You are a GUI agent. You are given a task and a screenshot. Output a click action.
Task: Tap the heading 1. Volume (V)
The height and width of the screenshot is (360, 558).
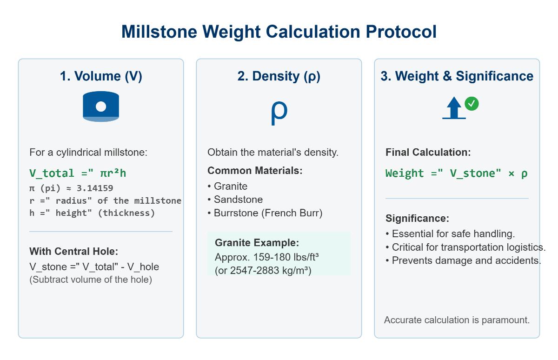[x=101, y=76]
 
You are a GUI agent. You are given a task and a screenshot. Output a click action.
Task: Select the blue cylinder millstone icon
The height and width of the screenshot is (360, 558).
[x=101, y=107]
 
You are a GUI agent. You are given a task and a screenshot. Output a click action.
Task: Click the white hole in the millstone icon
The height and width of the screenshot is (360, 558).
[x=101, y=107]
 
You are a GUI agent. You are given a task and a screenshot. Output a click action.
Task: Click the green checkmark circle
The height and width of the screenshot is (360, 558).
[x=472, y=103]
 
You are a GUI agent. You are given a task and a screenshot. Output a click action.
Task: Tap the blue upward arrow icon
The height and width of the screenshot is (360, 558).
[x=454, y=108]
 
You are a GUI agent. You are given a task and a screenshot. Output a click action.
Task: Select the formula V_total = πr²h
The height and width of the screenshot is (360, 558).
[x=78, y=173]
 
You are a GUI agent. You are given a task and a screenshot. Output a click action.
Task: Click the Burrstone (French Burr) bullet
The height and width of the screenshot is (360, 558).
[x=268, y=213]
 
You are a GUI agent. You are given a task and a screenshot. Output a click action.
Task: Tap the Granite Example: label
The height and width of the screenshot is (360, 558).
[x=257, y=243]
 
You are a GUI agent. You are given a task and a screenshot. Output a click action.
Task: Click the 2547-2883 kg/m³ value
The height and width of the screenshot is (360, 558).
[x=270, y=270]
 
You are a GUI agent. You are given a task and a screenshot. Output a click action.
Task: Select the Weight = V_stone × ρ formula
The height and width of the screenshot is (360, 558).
[x=457, y=173]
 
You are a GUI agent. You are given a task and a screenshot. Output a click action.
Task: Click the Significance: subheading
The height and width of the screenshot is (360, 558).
[x=417, y=219]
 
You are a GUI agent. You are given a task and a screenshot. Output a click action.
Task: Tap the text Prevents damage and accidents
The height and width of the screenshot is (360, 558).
[x=466, y=260]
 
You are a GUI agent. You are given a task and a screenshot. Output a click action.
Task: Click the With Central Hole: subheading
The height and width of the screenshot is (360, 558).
[x=73, y=252]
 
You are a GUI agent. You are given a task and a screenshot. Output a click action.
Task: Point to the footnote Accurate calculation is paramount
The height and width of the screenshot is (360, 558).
[x=457, y=320]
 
